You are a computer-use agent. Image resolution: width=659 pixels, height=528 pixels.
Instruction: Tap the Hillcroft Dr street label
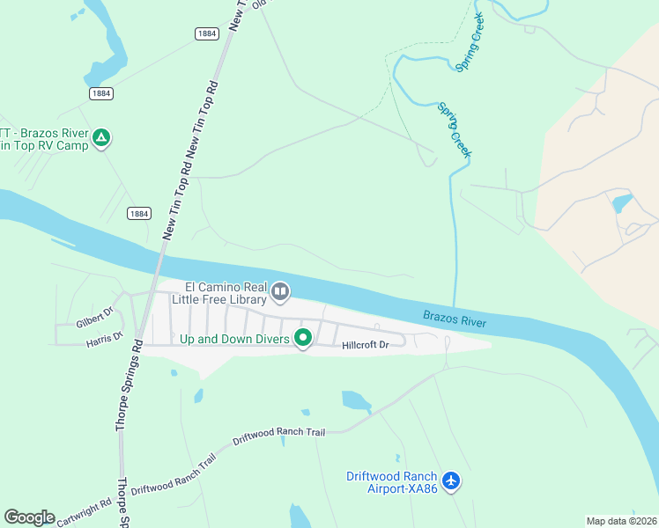click(366, 345)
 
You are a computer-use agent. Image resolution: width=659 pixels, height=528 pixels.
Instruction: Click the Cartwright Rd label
click(85, 510)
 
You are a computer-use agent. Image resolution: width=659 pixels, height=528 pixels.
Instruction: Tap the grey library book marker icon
click(280, 291)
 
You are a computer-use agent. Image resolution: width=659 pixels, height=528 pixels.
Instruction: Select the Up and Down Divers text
click(235, 339)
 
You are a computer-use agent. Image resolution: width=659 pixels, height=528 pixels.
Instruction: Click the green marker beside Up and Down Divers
click(303, 337)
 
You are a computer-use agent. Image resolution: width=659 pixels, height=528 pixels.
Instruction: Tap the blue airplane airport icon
click(451, 480)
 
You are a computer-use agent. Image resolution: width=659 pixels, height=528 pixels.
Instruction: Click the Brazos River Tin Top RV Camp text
click(44, 139)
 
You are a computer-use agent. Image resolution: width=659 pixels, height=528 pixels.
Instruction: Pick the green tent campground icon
click(102, 137)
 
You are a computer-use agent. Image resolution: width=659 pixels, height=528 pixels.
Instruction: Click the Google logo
click(29, 517)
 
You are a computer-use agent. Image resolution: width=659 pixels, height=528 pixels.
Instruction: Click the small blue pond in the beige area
click(621, 204)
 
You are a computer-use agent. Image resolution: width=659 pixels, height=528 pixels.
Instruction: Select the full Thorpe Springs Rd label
click(128, 385)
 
